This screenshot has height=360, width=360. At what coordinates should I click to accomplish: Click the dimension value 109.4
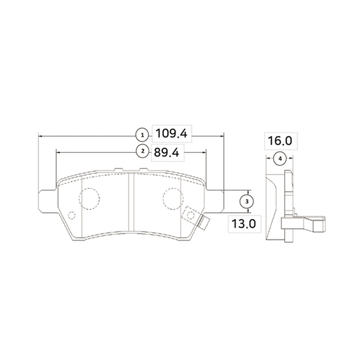(x=172, y=133)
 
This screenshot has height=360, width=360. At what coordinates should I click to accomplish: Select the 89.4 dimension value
(x=166, y=152)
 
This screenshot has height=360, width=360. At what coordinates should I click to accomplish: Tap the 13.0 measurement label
(x=244, y=224)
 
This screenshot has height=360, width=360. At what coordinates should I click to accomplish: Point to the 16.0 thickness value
(x=280, y=141)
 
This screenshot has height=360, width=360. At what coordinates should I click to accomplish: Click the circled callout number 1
(x=143, y=135)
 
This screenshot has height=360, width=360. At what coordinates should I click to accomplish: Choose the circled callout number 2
(x=143, y=151)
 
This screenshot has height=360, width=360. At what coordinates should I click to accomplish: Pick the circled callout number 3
(x=247, y=202)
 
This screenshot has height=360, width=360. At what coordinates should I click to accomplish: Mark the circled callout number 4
(x=280, y=158)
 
